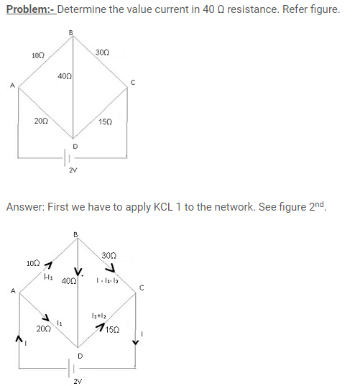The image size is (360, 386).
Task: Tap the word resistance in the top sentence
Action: (253, 9)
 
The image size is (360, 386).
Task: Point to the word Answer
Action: (25, 207)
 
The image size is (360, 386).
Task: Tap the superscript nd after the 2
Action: (320, 204)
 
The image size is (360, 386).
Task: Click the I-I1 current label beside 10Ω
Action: (48, 277)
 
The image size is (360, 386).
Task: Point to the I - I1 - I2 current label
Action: (107, 280)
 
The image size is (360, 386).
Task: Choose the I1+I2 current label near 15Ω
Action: (98, 316)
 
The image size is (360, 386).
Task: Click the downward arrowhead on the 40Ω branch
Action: (78, 271)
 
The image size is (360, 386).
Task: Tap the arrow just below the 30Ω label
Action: (111, 267)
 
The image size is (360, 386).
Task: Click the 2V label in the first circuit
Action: (73, 170)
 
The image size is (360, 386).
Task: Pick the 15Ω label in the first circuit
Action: (106, 122)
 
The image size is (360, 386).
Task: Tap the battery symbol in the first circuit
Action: (67, 157)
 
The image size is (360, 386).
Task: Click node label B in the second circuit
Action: (75, 234)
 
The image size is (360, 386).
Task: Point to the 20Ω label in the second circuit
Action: (44, 329)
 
